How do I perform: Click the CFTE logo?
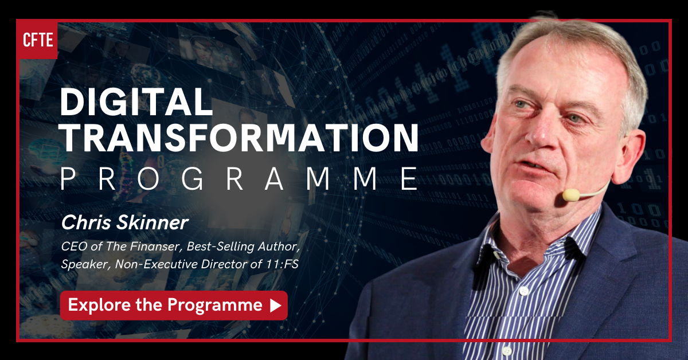37,40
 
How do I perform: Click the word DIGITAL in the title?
136,101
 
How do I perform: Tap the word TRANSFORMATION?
240,138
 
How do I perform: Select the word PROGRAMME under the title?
240,179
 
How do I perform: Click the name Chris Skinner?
124,222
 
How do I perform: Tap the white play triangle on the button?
276,306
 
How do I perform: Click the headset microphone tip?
570,195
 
